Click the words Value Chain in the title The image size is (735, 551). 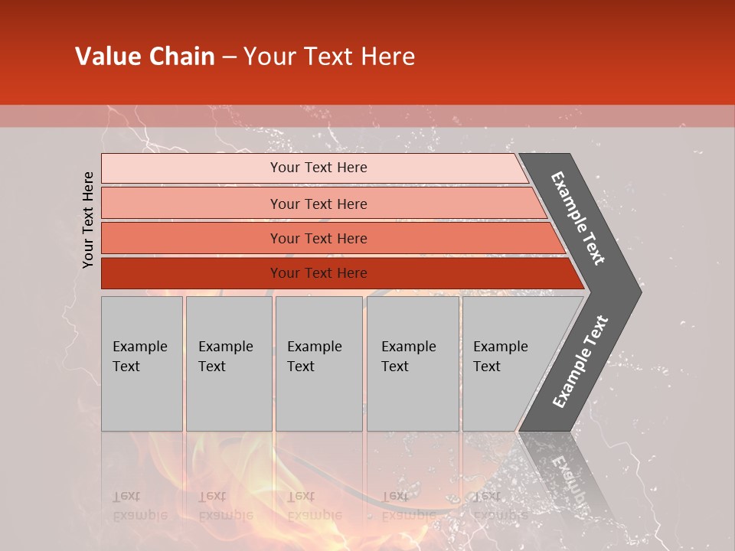click(x=145, y=57)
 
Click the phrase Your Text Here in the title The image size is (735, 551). click(x=329, y=57)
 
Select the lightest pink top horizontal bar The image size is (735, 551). click(x=191, y=168)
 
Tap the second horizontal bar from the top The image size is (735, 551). click(x=191, y=204)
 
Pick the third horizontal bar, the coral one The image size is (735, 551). click(x=191, y=239)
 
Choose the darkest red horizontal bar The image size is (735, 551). click(x=191, y=273)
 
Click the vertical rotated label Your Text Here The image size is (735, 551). click(x=89, y=220)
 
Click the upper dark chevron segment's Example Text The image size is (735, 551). click(x=578, y=218)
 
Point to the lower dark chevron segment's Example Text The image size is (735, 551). click(x=580, y=361)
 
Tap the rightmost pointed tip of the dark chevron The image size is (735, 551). click(x=639, y=292)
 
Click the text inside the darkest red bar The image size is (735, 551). click(x=318, y=273)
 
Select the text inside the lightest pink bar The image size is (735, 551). click(x=318, y=168)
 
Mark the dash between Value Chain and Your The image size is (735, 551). click(x=229, y=57)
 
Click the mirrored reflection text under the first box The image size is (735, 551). click(x=139, y=506)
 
